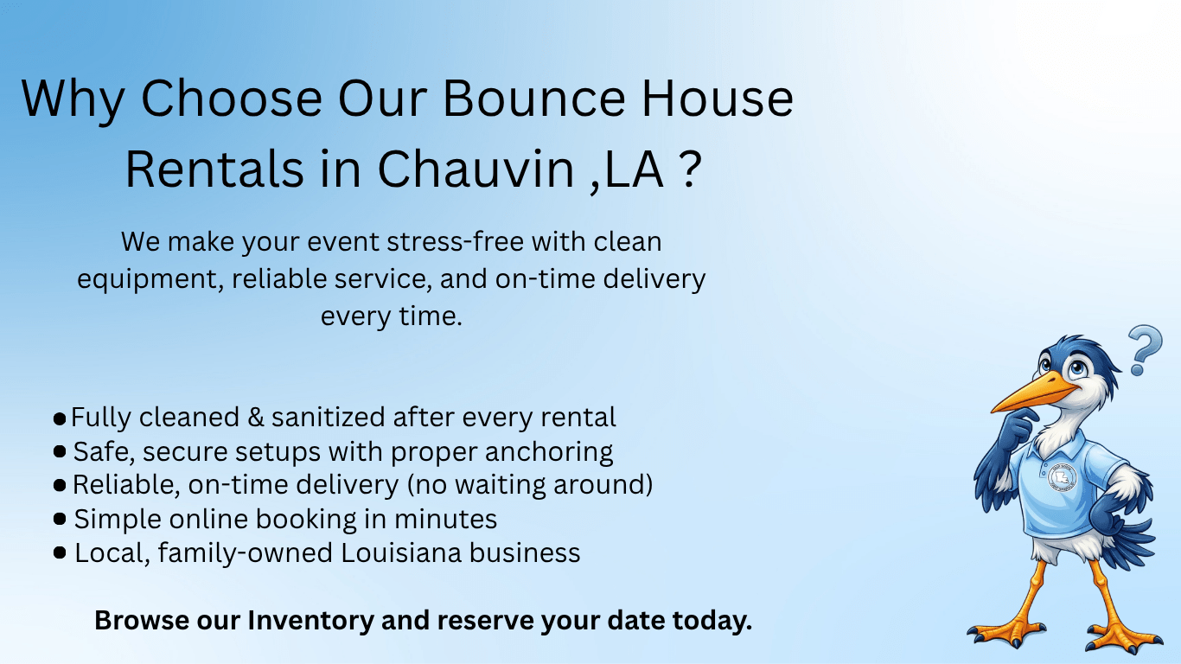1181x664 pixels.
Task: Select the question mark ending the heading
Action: click(685, 170)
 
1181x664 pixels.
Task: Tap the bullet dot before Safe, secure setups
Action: click(60, 452)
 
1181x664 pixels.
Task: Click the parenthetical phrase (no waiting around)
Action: click(529, 485)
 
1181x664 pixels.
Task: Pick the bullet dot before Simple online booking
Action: click(60, 520)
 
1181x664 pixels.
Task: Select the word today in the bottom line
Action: click(708, 621)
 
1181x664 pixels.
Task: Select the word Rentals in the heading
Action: click(214, 170)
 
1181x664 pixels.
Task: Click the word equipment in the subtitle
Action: click(150, 279)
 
